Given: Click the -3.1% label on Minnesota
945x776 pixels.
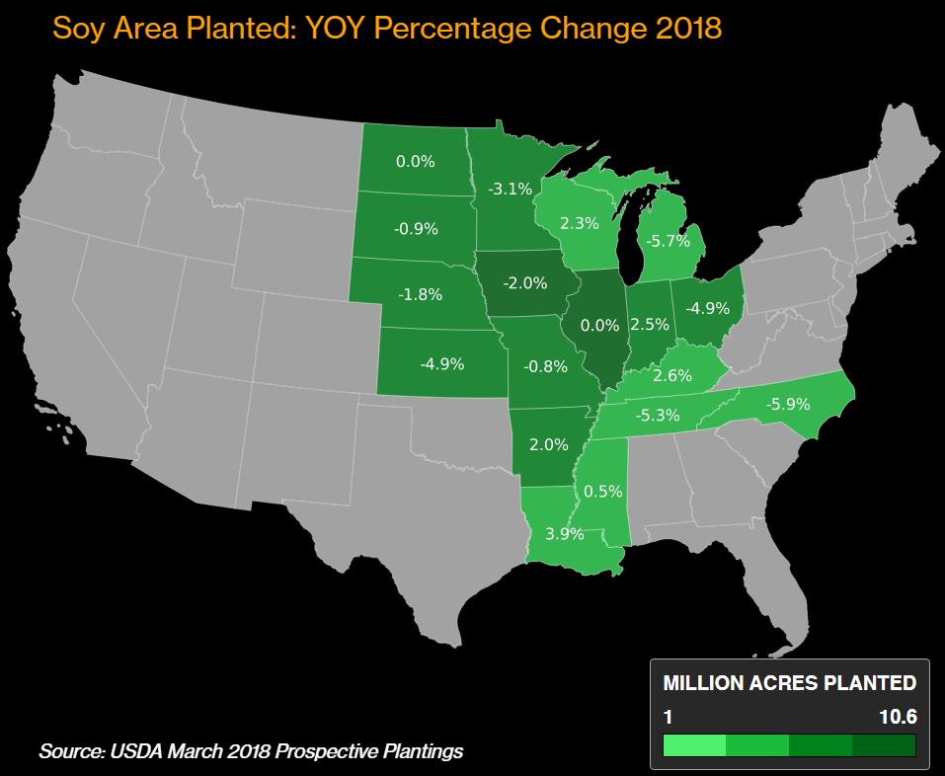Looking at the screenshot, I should coord(510,189).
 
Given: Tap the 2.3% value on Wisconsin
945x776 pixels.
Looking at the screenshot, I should coord(579,223).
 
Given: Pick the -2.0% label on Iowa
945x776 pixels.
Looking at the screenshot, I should coord(524,283).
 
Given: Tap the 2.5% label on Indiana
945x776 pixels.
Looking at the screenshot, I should coord(650,324).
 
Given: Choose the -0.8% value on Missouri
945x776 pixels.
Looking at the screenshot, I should coord(545,366).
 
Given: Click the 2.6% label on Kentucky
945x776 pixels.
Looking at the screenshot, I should coord(672,375).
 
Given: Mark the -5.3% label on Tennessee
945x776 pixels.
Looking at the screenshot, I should coord(658,416).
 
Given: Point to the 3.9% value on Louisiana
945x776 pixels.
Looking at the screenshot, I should coord(564,534).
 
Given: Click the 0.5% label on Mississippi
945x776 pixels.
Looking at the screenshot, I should coord(602,491).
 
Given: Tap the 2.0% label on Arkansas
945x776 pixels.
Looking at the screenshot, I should coord(549,444).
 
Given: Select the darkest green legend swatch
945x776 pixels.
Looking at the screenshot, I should coord(884,744).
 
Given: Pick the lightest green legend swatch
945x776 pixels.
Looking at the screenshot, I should coord(694,744).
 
